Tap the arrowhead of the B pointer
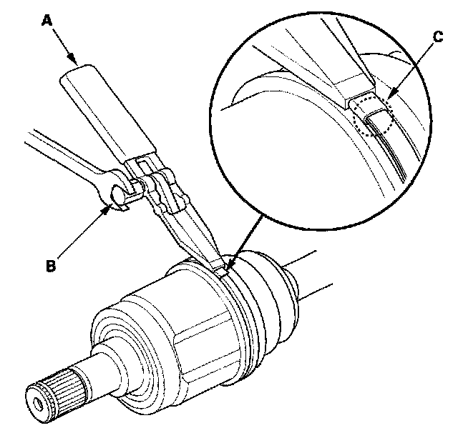click(x=108, y=208)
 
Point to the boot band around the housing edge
click(x=236, y=300)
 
